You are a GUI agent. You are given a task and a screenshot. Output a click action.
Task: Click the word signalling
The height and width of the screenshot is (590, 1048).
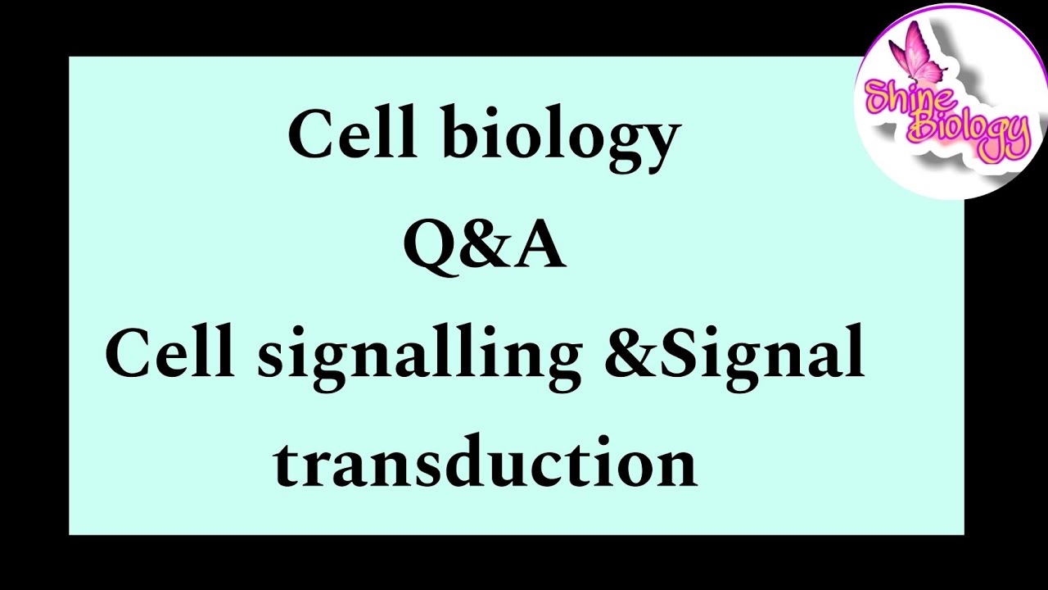[418, 357]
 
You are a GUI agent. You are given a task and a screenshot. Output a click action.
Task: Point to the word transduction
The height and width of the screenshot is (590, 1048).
[485, 464]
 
